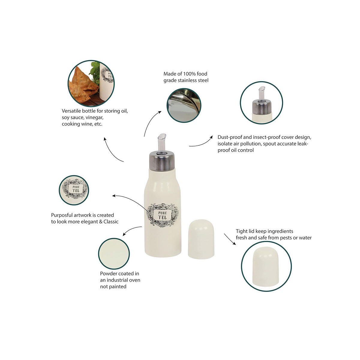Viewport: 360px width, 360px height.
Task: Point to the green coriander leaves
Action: coord(95,73)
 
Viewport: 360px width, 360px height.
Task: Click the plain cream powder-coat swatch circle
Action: coord(114,254)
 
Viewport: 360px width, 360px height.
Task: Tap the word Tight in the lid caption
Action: coord(241,231)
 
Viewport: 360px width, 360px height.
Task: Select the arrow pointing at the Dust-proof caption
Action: coord(200,142)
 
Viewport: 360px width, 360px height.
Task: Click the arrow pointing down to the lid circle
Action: coord(230,239)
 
